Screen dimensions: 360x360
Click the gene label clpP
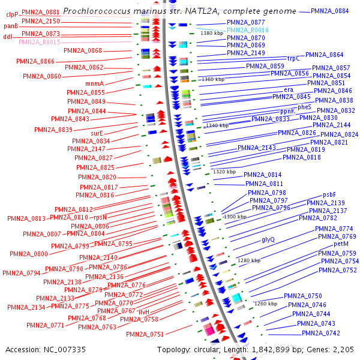(x=13, y=13)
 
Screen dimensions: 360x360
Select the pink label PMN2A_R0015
(x=40, y=42)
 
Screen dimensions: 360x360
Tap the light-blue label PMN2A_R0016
(x=248, y=30)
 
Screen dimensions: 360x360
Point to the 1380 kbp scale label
(x=212, y=34)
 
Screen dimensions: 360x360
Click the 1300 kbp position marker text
(x=235, y=217)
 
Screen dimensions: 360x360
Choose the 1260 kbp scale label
(x=265, y=304)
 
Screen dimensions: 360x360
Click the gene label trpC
(x=293, y=59)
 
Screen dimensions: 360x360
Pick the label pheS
(x=305, y=107)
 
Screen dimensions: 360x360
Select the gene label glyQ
(x=268, y=239)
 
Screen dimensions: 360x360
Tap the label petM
(x=341, y=244)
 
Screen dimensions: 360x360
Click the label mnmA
(x=95, y=83)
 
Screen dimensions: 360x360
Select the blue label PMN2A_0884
(x=330, y=11)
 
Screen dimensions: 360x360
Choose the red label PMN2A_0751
(x=145, y=334)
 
